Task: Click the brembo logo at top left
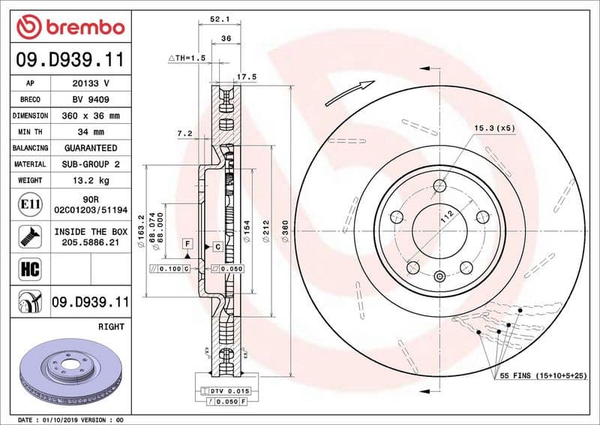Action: [x=70, y=27]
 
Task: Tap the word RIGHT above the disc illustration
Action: [x=111, y=327]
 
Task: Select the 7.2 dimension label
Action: [x=184, y=134]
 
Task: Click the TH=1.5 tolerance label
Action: [x=186, y=58]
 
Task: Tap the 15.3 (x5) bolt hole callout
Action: [x=494, y=130]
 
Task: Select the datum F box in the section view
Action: [x=187, y=245]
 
